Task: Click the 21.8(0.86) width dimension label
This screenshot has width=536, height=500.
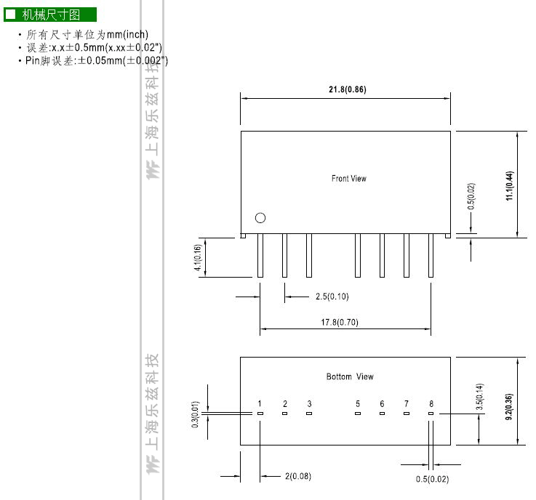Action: pyautogui.click(x=348, y=89)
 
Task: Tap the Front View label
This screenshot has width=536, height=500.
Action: pyautogui.click(x=348, y=178)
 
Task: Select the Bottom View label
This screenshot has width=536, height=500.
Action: pyautogui.click(x=350, y=376)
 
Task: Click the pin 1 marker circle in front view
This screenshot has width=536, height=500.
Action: pyautogui.click(x=260, y=218)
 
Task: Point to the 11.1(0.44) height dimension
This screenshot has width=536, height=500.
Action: pyautogui.click(x=509, y=185)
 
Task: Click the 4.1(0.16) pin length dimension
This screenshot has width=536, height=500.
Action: pyautogui.click(x=198, y=257)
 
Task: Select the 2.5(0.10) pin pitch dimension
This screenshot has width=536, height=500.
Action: pyautogui.click(x=332, y=296)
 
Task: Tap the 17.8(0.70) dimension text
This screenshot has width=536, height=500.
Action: pyautogui.click(x=340, y=322)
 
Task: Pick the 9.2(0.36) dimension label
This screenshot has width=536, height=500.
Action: pyautogui.click(x=509, y=407)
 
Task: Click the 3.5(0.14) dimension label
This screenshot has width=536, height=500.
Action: pyautogui.click(x=479, y=397)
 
